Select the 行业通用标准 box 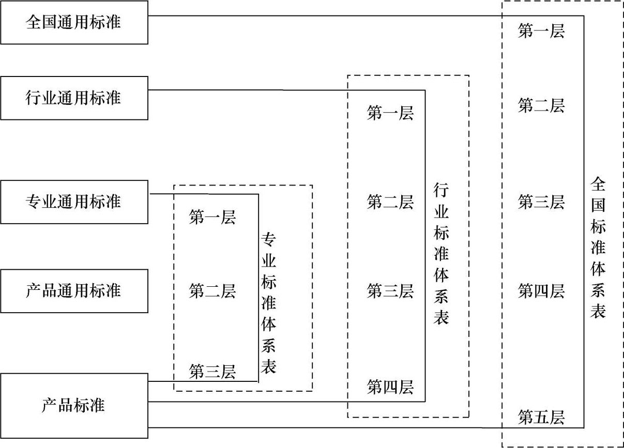point(74,98)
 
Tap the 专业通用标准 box point(74,202)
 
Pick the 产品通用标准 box point(74,290)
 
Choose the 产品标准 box point(74,405)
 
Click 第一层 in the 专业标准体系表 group point(212,218)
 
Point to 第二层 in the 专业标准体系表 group point(212,291)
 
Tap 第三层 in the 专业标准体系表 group point(212,371)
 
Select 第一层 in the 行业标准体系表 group point(390,113)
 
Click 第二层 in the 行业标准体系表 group point(390,202)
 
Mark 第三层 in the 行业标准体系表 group point(390,291)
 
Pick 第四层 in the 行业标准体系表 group point(390,387)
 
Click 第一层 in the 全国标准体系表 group point(541,32)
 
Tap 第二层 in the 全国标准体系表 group point(541,106)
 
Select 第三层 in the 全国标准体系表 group point(541,202)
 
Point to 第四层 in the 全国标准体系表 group point(541,291)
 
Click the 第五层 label point(541,417)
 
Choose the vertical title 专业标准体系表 point(269,303)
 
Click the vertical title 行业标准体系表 point(442,254)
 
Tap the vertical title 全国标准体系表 point(598,248)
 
